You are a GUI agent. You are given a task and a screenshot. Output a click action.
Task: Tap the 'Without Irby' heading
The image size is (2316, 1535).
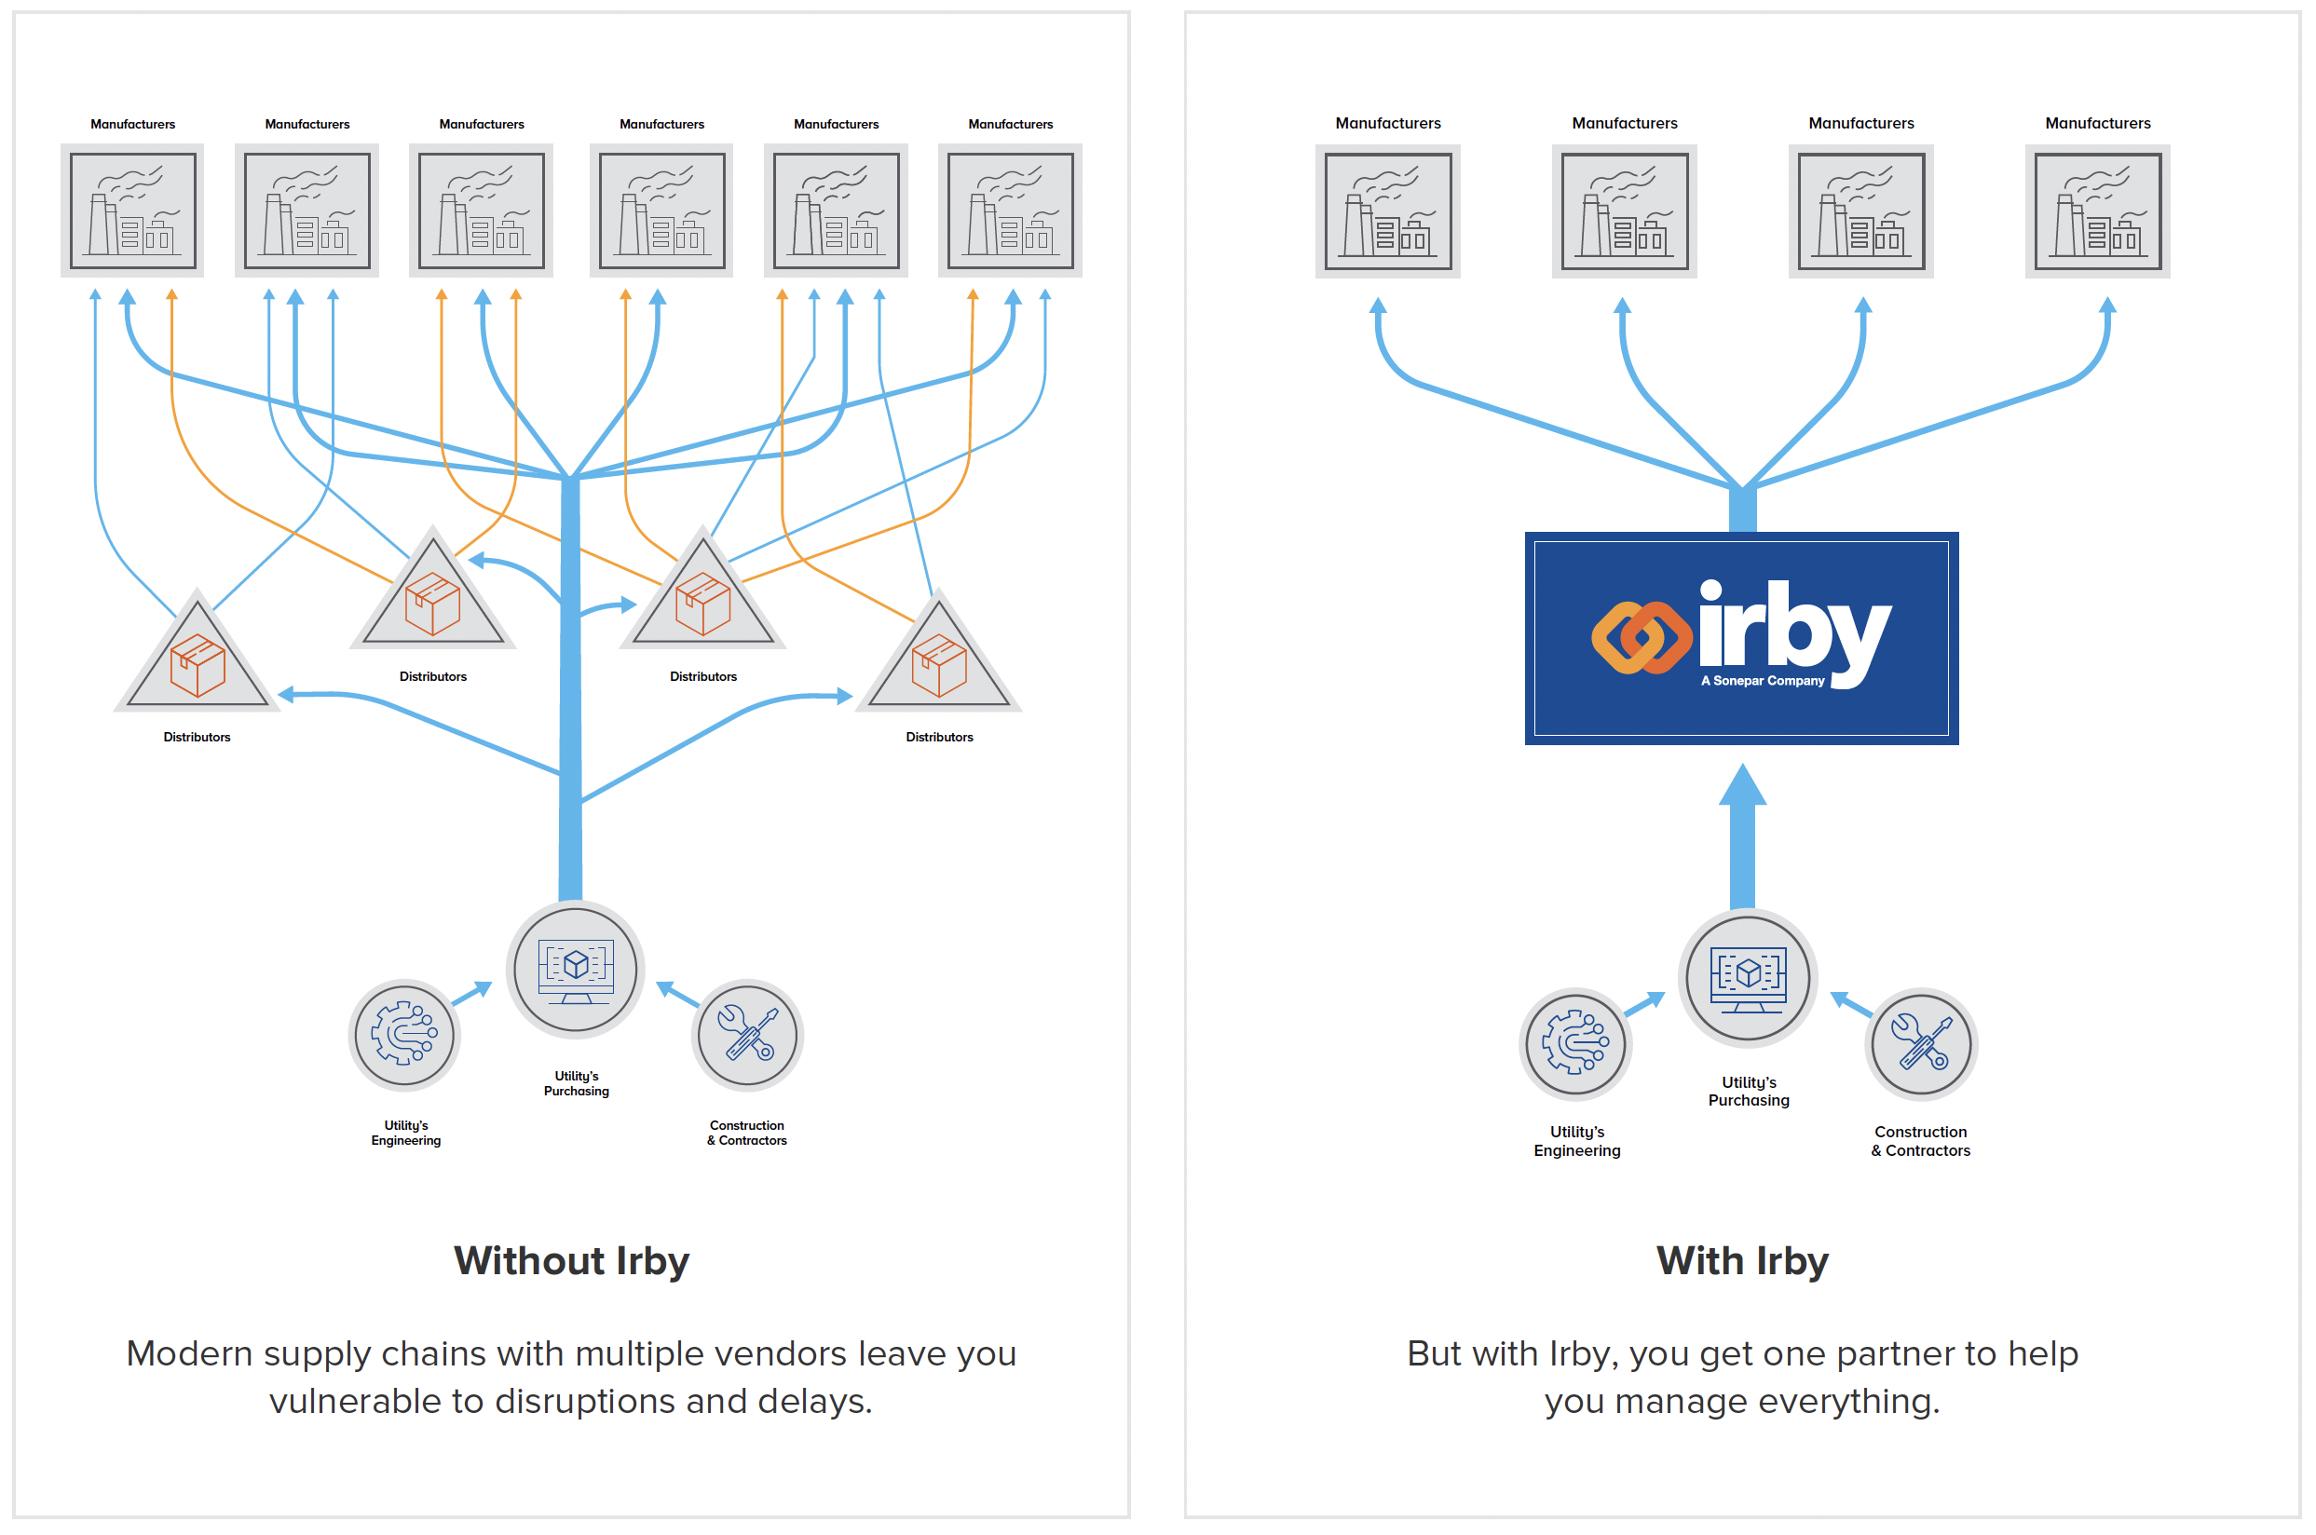click(x=572, y=1261)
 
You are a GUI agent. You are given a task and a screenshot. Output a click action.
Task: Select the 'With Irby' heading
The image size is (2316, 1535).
click(x=1741, y=1261)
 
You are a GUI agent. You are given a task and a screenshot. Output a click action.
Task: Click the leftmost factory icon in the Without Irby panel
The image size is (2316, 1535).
click(x=132, y=211)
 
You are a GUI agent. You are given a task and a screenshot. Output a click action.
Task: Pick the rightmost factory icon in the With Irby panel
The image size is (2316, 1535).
click(x=2097, y=211)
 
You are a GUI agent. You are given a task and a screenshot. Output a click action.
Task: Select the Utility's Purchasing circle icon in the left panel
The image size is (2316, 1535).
click(x=576, y=970)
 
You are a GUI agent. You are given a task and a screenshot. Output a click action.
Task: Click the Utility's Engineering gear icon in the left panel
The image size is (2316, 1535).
click(x=404, y=1034)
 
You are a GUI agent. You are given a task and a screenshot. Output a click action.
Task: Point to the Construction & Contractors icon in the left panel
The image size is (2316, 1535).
click(x=747, y=1035)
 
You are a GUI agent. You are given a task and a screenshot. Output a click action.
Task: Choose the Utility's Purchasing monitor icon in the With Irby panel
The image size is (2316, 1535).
click(x=1748, y=978)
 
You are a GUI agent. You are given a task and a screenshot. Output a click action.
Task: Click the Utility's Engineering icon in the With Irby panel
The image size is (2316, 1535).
click(x=1575, y=1043)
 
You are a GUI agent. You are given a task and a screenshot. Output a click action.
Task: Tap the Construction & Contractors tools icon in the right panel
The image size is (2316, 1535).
click(x=1921, y=1043)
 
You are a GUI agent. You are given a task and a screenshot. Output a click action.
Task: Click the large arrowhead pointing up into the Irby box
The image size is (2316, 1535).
click(x=1742, y=786)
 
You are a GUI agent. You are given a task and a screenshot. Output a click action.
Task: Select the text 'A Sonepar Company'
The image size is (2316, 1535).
click(x=1762, y=680)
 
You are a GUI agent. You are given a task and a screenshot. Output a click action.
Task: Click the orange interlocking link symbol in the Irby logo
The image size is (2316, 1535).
click(x=1642, y=637)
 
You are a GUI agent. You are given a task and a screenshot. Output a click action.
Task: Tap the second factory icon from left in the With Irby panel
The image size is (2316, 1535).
click(x=1624, y=211)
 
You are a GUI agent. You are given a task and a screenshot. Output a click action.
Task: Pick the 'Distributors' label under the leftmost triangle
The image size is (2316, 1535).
click(x=197, y=737)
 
